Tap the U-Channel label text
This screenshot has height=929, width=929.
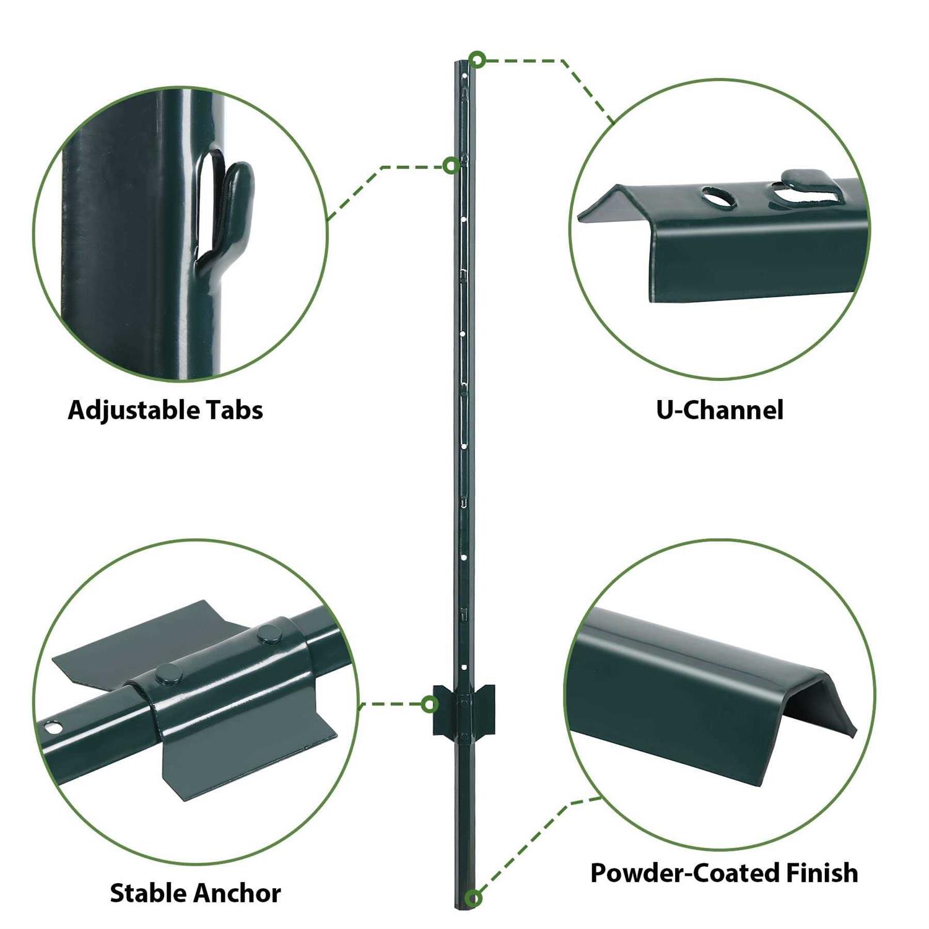tap(719, 410)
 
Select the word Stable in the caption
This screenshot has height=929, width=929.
tap(148, 893)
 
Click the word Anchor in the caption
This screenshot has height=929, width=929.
tap(237, 893)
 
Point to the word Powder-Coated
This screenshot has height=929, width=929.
tap(684, 873)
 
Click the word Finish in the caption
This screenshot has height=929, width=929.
tap(822, 873)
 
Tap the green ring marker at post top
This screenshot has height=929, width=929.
tap(476, 60)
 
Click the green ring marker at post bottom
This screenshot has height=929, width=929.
tap(474, 897)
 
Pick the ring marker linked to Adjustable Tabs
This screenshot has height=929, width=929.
tap(452, 165)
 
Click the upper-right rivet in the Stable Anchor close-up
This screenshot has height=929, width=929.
tap(269, 633)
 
